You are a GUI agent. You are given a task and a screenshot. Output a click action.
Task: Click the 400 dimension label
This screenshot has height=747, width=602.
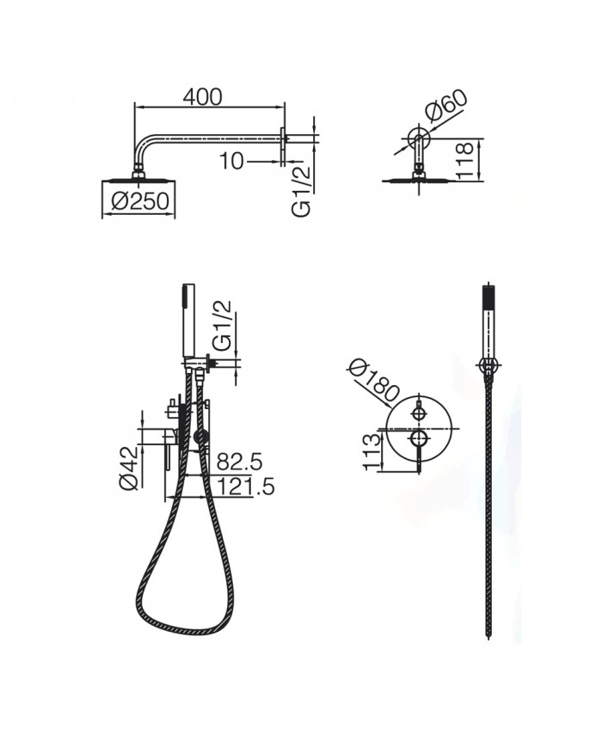point(202,97)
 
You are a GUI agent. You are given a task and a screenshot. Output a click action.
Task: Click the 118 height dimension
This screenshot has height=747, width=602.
point(467,161)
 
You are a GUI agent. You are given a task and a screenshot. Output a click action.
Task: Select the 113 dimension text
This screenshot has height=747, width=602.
point(372,451)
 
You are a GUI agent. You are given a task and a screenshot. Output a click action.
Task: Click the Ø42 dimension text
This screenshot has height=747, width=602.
point(129,468)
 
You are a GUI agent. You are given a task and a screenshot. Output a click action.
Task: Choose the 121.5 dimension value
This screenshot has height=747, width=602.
point(245,487)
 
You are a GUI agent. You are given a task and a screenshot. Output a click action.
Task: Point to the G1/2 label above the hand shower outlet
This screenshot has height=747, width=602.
point(222,326)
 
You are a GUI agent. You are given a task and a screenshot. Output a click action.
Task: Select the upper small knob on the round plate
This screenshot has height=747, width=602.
point(419,413)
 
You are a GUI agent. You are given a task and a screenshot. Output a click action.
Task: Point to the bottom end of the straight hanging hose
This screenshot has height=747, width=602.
point(488,636)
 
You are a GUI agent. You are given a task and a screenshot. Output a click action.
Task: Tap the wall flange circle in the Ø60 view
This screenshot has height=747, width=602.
point(419,138)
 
